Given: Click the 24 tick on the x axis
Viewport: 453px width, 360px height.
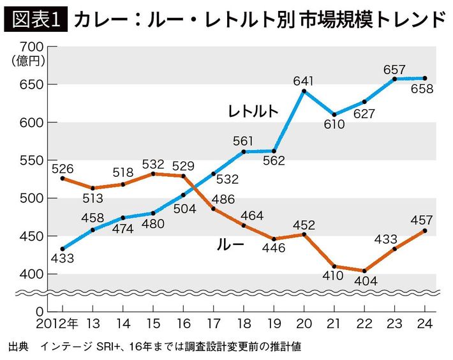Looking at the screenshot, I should pos(425,324).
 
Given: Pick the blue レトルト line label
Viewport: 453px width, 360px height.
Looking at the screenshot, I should pos(253,110).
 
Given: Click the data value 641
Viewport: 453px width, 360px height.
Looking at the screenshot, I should pos(304,81).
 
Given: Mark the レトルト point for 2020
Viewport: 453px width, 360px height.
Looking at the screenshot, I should pos(304,91).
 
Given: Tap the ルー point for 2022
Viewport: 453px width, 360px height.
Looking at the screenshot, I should pos(364,271).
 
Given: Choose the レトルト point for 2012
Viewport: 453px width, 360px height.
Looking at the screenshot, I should pos(62,249).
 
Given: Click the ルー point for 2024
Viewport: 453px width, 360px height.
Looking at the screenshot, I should pos(425,230).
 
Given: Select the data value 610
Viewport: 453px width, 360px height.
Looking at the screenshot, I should pos(334,124).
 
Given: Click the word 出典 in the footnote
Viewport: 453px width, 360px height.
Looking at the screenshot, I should pos(19,347).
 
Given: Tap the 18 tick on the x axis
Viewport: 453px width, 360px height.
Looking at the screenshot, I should pos(243,324).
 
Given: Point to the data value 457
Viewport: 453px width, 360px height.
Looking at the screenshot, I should pos(424,220).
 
